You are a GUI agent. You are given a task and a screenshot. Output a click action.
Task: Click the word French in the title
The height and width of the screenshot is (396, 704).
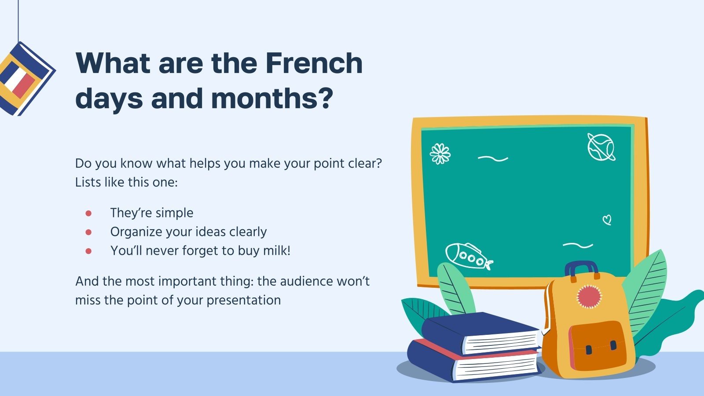tap(314, 63)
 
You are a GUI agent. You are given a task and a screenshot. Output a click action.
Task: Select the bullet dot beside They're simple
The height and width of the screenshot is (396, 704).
tap(88, 213)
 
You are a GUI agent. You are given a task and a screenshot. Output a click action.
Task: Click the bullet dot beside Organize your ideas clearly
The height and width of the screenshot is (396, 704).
tap(88, 232)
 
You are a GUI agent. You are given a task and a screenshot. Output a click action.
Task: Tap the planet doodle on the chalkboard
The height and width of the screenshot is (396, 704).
tap(601, 147)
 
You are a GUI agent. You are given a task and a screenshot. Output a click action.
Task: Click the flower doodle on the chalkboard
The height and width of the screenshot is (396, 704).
tap(440, 154)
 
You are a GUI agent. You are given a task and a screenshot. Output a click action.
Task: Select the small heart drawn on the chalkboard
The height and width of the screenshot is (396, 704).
tap(607, 220)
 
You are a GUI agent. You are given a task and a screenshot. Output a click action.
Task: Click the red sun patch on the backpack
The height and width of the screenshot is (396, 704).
tap(589, 297)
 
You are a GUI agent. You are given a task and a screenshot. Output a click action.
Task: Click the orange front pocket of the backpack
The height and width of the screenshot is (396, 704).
tap(597, 345)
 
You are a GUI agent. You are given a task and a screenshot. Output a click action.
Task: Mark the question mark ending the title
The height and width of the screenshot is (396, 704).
tap(325, 98)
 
